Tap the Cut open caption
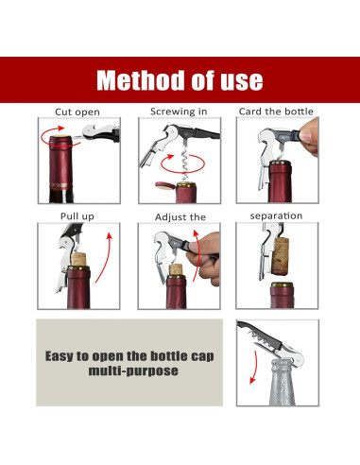click(77, 112)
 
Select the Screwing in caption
click(179, 112)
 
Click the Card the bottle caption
click(276, 112)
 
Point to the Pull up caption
click(77, 216)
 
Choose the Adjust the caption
click(180, 217)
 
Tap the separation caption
click(276, 216)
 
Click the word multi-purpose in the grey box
click(133, 370)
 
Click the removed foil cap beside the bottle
click(165, 186)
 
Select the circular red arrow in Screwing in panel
click(182, 164)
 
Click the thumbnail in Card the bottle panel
click(305, 136)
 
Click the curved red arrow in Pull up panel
click(104, 257)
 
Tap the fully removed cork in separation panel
click(280, 257)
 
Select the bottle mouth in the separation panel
click(282, 285)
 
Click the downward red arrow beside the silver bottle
click(253, 367)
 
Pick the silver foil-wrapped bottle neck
click(283, 383)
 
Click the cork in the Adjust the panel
click(176, 270)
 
